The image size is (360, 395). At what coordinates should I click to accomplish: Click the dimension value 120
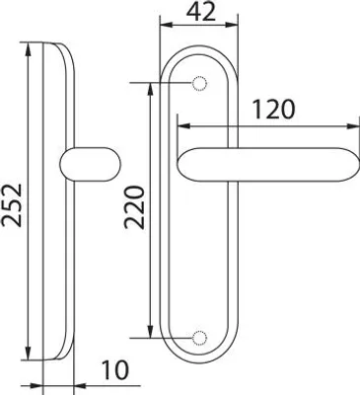274,110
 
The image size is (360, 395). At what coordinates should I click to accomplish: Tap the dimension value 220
134,207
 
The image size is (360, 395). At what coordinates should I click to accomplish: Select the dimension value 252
12,205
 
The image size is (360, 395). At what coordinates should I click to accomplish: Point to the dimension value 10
114,370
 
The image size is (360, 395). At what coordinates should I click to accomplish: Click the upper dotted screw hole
199,84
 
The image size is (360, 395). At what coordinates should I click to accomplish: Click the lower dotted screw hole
199,338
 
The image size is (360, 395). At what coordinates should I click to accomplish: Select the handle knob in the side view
91,164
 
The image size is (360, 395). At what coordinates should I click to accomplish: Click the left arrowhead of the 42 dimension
165,25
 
